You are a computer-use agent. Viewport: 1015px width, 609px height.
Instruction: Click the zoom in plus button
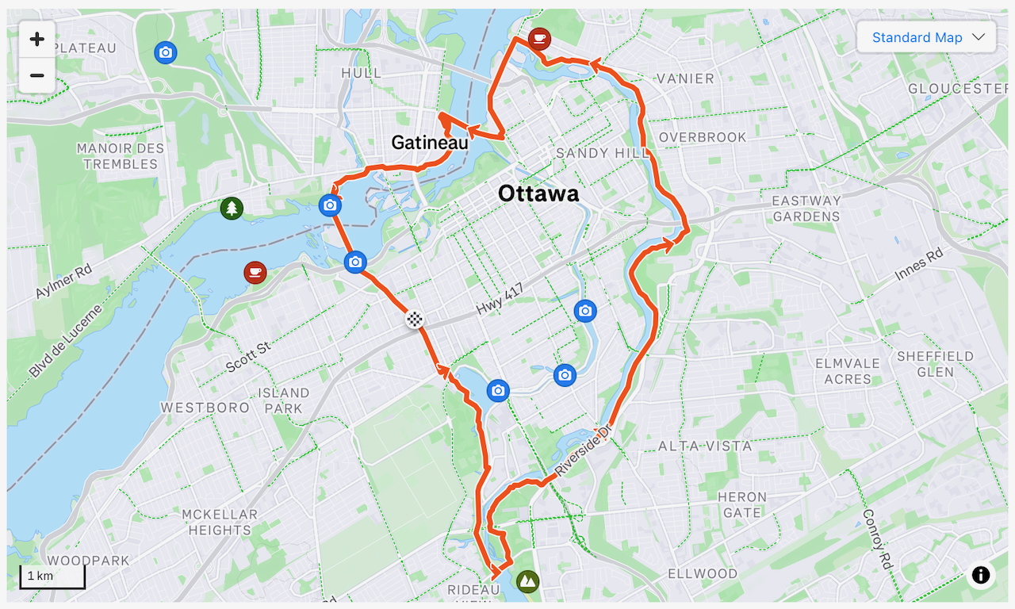click(36, 39)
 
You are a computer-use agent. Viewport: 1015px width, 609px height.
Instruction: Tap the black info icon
click(981, 575)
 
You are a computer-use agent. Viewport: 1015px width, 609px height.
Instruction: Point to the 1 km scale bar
click(52, 576)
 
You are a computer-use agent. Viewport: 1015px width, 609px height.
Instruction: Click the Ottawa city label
click(538, 193)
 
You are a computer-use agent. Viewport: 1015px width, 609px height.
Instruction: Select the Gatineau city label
click(430, 143)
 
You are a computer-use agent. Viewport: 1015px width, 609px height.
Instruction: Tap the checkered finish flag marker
click(414, 320)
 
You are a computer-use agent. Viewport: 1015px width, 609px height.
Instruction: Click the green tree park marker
click(232, 209)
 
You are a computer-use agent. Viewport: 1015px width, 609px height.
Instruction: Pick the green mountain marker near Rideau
click(527, 581)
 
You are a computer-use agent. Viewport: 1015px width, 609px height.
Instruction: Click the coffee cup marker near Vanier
click(539, 38)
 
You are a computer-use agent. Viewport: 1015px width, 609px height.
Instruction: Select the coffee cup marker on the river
click(255, 273)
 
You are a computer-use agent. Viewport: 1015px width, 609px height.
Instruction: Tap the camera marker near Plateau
click(165, 52)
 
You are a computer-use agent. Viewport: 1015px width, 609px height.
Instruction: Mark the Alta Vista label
click(705, 446)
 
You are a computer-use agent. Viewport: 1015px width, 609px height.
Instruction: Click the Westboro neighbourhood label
click(205, 408)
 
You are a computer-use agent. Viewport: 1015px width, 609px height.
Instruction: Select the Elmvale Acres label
click(848, 371)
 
